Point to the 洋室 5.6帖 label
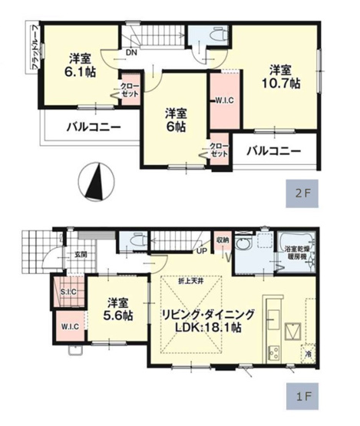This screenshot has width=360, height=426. [117, 309]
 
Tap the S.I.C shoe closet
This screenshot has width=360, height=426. [68, 292]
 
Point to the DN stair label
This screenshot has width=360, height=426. [131, 52]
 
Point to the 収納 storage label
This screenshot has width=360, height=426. [223, 239]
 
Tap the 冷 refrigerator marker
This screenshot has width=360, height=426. [309, 355]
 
